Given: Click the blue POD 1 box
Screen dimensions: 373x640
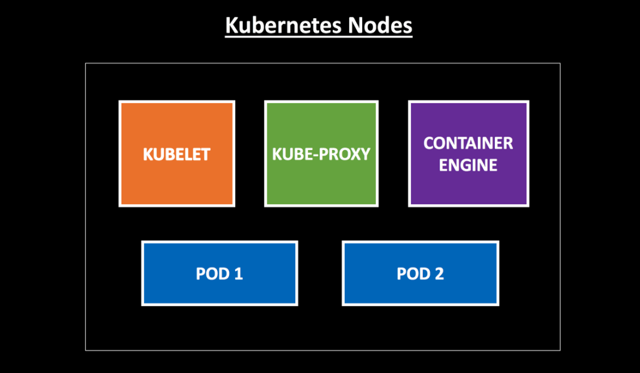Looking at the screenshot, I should [219, 291].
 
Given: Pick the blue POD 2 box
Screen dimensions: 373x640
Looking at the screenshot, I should [420, 291].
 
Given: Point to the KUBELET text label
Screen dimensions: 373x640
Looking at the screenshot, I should [176, 154].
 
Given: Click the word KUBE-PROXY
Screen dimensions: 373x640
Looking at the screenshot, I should [321, 154].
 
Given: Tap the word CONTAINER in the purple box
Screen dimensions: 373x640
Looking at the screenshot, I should [468, 143].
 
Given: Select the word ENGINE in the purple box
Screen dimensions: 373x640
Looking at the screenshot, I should [468, 165].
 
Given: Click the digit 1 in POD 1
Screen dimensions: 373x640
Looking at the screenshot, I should [238, 274].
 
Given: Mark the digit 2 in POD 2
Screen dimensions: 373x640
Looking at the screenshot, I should [439, 274].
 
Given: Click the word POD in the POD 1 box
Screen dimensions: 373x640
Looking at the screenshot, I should [211, 274].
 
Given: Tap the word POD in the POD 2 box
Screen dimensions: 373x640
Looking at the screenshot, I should [412, 274].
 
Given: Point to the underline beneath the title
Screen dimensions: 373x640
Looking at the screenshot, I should [318, 38].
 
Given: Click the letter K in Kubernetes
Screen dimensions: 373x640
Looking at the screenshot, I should [231, 26].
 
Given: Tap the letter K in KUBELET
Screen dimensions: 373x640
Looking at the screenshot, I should [148, 154].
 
